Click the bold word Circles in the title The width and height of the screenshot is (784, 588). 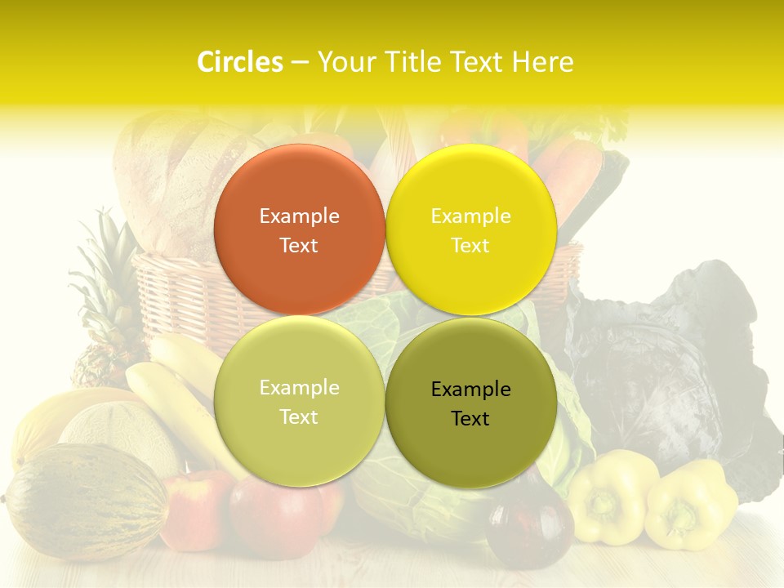pos(240,62)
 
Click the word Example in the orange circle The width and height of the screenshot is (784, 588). pos(299,216)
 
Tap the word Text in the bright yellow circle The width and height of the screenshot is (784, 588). pos(470,246)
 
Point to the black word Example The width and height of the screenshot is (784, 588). pos(470,390)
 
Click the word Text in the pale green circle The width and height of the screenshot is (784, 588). pos(299,417)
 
